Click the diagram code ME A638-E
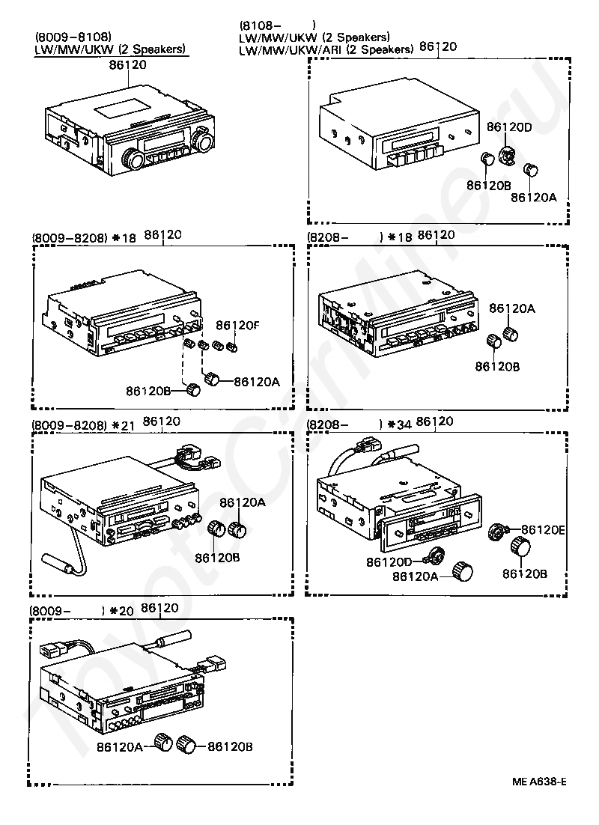[x=539, y=782]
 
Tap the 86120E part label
[x=543, y=529]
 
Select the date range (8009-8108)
[x=73, y=36]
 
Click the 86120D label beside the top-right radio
[x=510, y=127]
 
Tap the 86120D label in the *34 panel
[x=389, y=561]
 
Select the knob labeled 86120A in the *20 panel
[x=162, y=742]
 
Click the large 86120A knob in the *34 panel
[x=463, y=572]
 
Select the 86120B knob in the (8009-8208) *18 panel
[x=194, y=389]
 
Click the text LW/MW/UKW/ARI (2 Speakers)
[x=326, y=49]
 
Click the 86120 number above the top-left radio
[x=128, y=65]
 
